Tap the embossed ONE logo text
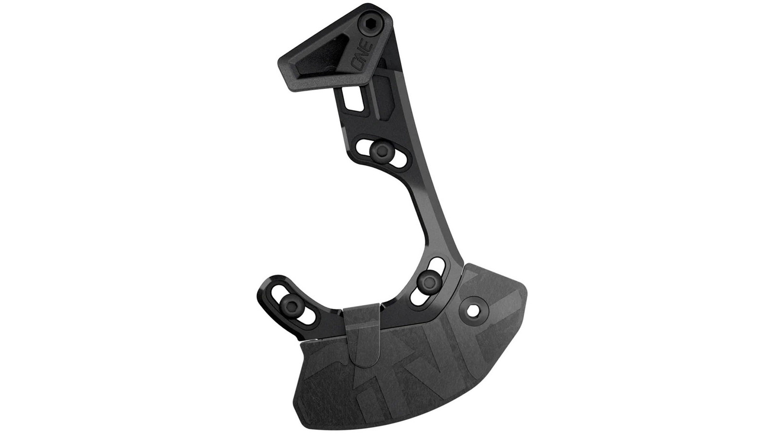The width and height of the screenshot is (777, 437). pyautogui.click(x=366, y=53)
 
